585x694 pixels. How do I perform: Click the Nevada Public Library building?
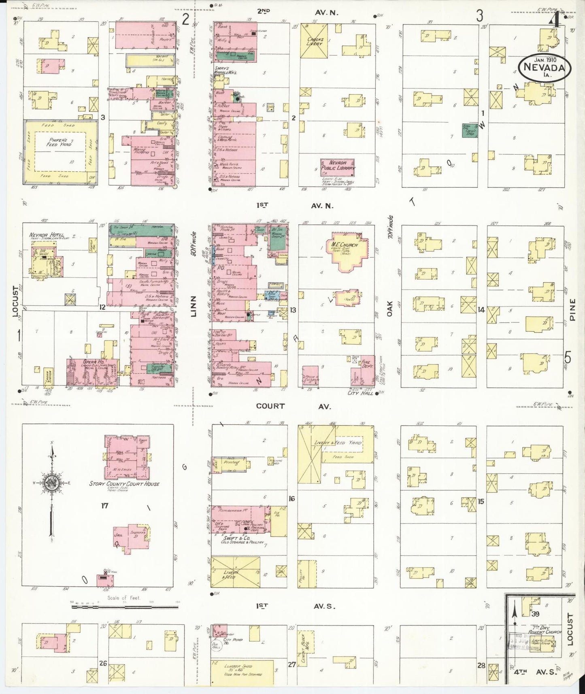pos(337,167)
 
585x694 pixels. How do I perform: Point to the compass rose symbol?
pos(52,482)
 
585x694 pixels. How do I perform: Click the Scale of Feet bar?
pos(125,606)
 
